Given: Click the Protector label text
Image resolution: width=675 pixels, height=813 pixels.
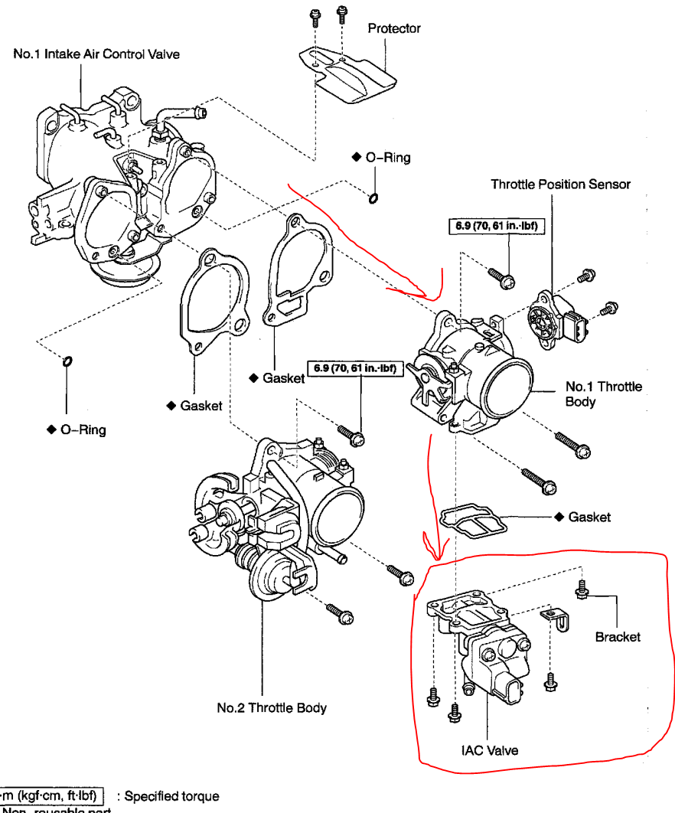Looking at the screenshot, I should point(394,28).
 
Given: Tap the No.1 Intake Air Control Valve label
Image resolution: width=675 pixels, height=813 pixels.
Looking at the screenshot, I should point(96,55).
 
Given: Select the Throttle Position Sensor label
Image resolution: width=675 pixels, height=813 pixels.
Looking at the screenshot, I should point(560,184).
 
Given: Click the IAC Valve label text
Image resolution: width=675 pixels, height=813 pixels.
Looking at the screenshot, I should point(489,749).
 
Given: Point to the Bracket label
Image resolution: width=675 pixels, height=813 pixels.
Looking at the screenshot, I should point(618,636).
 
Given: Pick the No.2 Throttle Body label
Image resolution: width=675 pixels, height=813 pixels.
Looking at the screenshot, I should point(272,707).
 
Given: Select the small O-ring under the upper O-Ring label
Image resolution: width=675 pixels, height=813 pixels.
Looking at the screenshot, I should point(372,200).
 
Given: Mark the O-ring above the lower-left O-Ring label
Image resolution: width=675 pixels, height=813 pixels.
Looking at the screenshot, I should point(67,361).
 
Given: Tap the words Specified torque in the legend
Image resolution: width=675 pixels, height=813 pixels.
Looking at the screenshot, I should point(171,796).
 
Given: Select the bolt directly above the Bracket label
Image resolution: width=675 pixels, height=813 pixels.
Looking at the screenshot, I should point(582,590).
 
